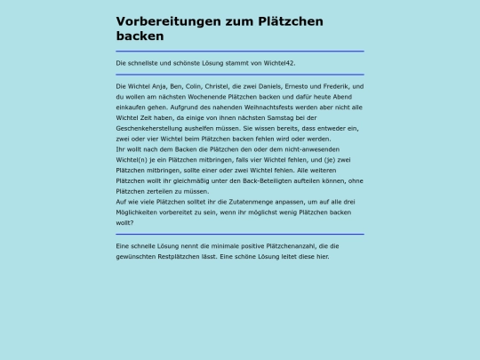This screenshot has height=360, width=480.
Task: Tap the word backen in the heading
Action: click(x=140, y=36)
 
